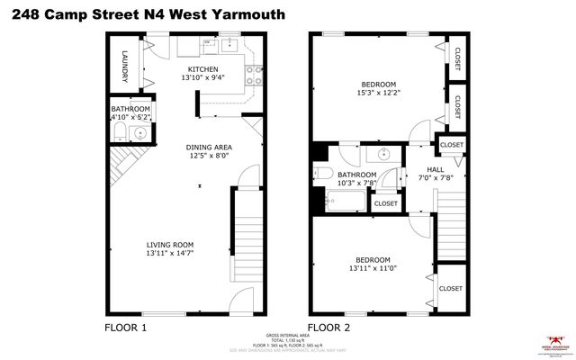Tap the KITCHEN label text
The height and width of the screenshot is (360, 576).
coord(202,69)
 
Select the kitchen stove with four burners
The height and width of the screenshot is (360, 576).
coord(253,76)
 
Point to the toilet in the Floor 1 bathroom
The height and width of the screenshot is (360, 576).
coord(119,133)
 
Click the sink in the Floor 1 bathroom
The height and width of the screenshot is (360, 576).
coord(138,134)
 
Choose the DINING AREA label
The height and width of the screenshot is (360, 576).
coord(209,147)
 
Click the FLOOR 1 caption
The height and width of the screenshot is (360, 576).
coord(126,327)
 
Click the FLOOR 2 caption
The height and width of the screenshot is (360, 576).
coord(328,327)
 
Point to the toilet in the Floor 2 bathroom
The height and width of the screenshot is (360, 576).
coord(325,174)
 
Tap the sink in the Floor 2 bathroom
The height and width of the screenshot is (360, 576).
coord(379,152)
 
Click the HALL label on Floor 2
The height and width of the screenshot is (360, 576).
coord(436,168)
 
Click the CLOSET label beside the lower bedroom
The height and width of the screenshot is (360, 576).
coord(450,288)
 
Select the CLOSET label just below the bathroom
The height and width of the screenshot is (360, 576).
coord(385,203)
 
